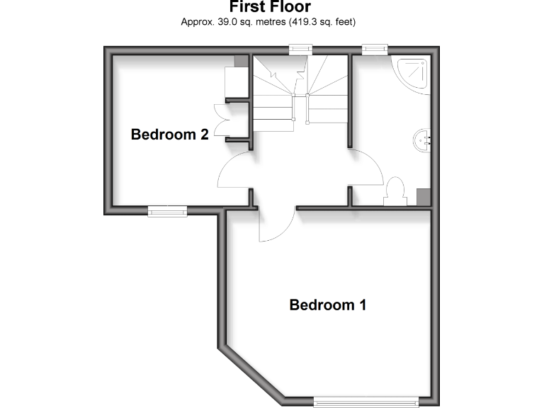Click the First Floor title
(270, 7)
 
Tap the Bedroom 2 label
(169, 135)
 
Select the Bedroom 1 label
(328, 305)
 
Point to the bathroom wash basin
(423, 140)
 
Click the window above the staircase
(301, 49)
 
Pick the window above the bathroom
(375, 49)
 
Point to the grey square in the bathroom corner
(424, 196)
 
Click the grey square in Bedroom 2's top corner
(241, 62)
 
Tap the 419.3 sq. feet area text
(322, 22)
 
